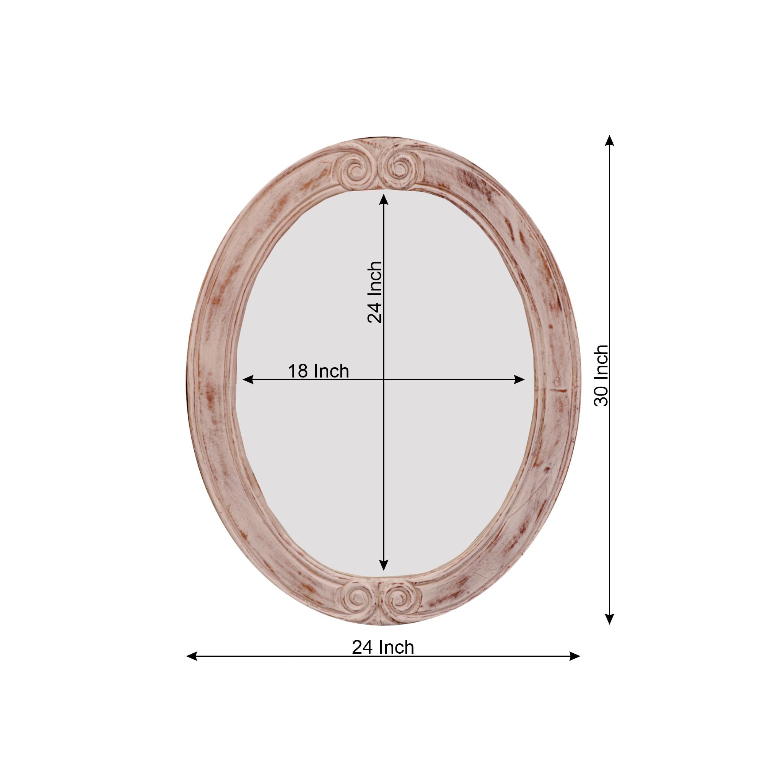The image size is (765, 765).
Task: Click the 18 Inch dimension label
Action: [x=318, y=371]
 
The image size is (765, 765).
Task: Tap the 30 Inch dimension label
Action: [x=601, y=375]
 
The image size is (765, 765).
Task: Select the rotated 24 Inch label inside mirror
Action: [x=374, y=292]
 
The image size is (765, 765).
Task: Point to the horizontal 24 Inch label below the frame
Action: [x=383, y=648]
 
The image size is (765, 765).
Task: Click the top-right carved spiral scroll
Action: [x=401, y=169]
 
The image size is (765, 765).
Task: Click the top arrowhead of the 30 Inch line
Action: [x=610, y=140]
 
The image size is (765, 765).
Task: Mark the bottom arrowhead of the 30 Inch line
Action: [x=610, y=619]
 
